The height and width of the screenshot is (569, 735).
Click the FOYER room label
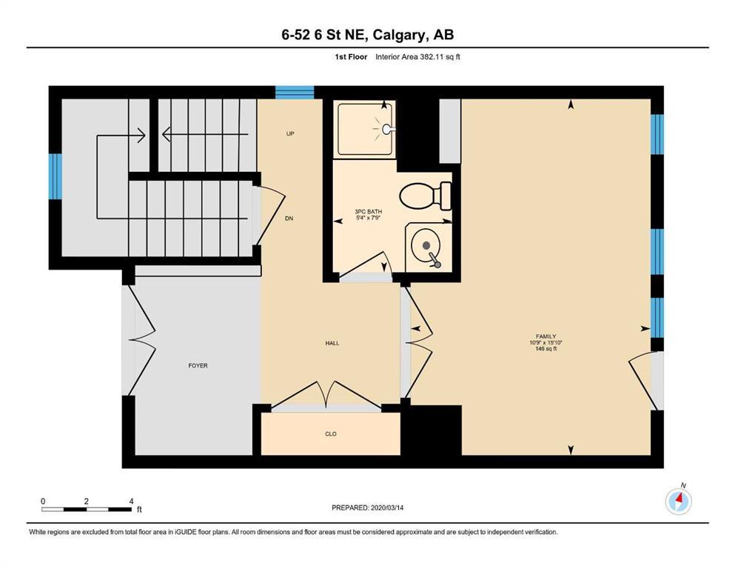point(198,365)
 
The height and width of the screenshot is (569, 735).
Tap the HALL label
point(332,343)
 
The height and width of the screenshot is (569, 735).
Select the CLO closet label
point(331,434)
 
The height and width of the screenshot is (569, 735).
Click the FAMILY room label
point(546,336)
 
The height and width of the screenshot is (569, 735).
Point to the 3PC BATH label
point(369,212)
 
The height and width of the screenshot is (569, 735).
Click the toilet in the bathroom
point(425,196)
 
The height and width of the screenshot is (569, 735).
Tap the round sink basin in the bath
point(426,245)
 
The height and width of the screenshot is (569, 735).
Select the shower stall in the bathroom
point(365,128)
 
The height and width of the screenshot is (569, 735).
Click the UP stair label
point(290,133)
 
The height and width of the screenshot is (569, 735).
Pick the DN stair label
point(289,219)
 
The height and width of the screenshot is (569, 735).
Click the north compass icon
point(679,501)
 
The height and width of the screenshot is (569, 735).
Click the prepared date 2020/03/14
point(387,508)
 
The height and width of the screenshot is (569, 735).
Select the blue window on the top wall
point(295,93)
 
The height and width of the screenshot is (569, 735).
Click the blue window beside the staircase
point(56,177)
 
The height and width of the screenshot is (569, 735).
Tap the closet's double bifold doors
point(326,395)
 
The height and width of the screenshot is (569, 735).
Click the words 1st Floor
point(351,57)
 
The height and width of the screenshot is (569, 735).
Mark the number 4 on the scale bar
point(131,501)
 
